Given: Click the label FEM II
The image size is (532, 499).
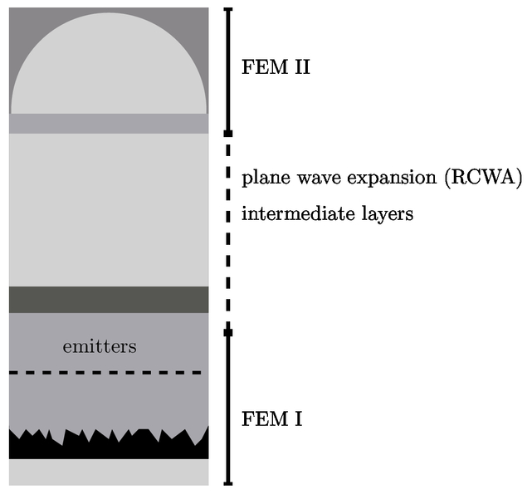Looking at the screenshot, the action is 276,67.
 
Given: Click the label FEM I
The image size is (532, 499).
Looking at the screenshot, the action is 271,418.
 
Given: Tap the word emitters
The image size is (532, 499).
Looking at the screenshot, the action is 100,346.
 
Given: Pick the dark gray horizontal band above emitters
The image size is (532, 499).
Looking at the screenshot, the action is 109,300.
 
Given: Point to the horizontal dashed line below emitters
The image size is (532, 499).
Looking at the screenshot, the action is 105,373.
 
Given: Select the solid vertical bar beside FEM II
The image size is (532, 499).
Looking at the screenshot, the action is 228,70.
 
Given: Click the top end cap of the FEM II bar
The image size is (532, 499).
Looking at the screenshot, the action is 228,9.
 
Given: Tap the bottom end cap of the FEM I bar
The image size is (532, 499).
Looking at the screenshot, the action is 228,483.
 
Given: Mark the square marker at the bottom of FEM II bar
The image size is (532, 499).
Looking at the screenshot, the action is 228,133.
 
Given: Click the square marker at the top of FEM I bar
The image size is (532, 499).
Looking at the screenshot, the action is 228,332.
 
